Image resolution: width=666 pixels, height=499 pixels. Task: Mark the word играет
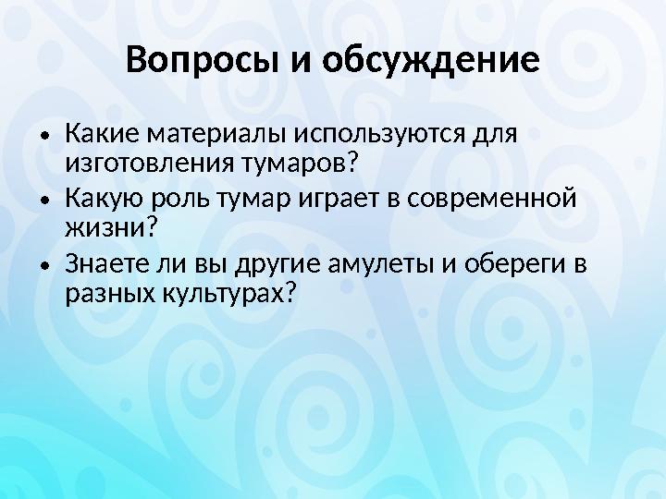(x=312, y=199)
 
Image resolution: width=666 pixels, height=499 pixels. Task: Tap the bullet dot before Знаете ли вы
(x=43, y=265)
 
